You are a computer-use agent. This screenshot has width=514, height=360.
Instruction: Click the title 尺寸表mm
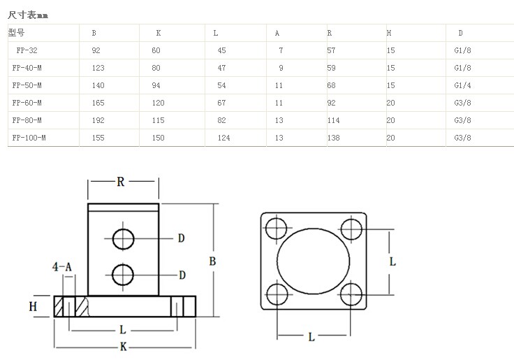coord(29,14)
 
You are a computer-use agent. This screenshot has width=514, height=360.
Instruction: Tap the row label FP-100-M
coord(29,138)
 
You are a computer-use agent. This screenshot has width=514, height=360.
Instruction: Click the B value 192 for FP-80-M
coord(98,120)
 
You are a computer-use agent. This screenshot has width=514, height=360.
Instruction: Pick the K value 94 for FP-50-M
coord(156,85)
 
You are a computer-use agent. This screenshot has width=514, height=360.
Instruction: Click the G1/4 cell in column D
coord(462,85)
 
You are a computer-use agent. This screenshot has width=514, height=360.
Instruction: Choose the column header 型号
coord(16,33)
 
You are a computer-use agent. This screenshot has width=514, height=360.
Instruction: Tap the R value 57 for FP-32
coord(332,50)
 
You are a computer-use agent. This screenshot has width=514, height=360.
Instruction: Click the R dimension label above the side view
coord(120,182)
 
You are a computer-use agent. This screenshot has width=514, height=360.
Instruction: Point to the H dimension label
coord(32,306)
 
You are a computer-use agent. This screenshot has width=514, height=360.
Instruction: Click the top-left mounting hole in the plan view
coord(277,228)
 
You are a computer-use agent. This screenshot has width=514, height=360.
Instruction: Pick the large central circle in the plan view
coord(313,260)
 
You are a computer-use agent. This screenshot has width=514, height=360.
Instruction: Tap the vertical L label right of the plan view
coord(392,261)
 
